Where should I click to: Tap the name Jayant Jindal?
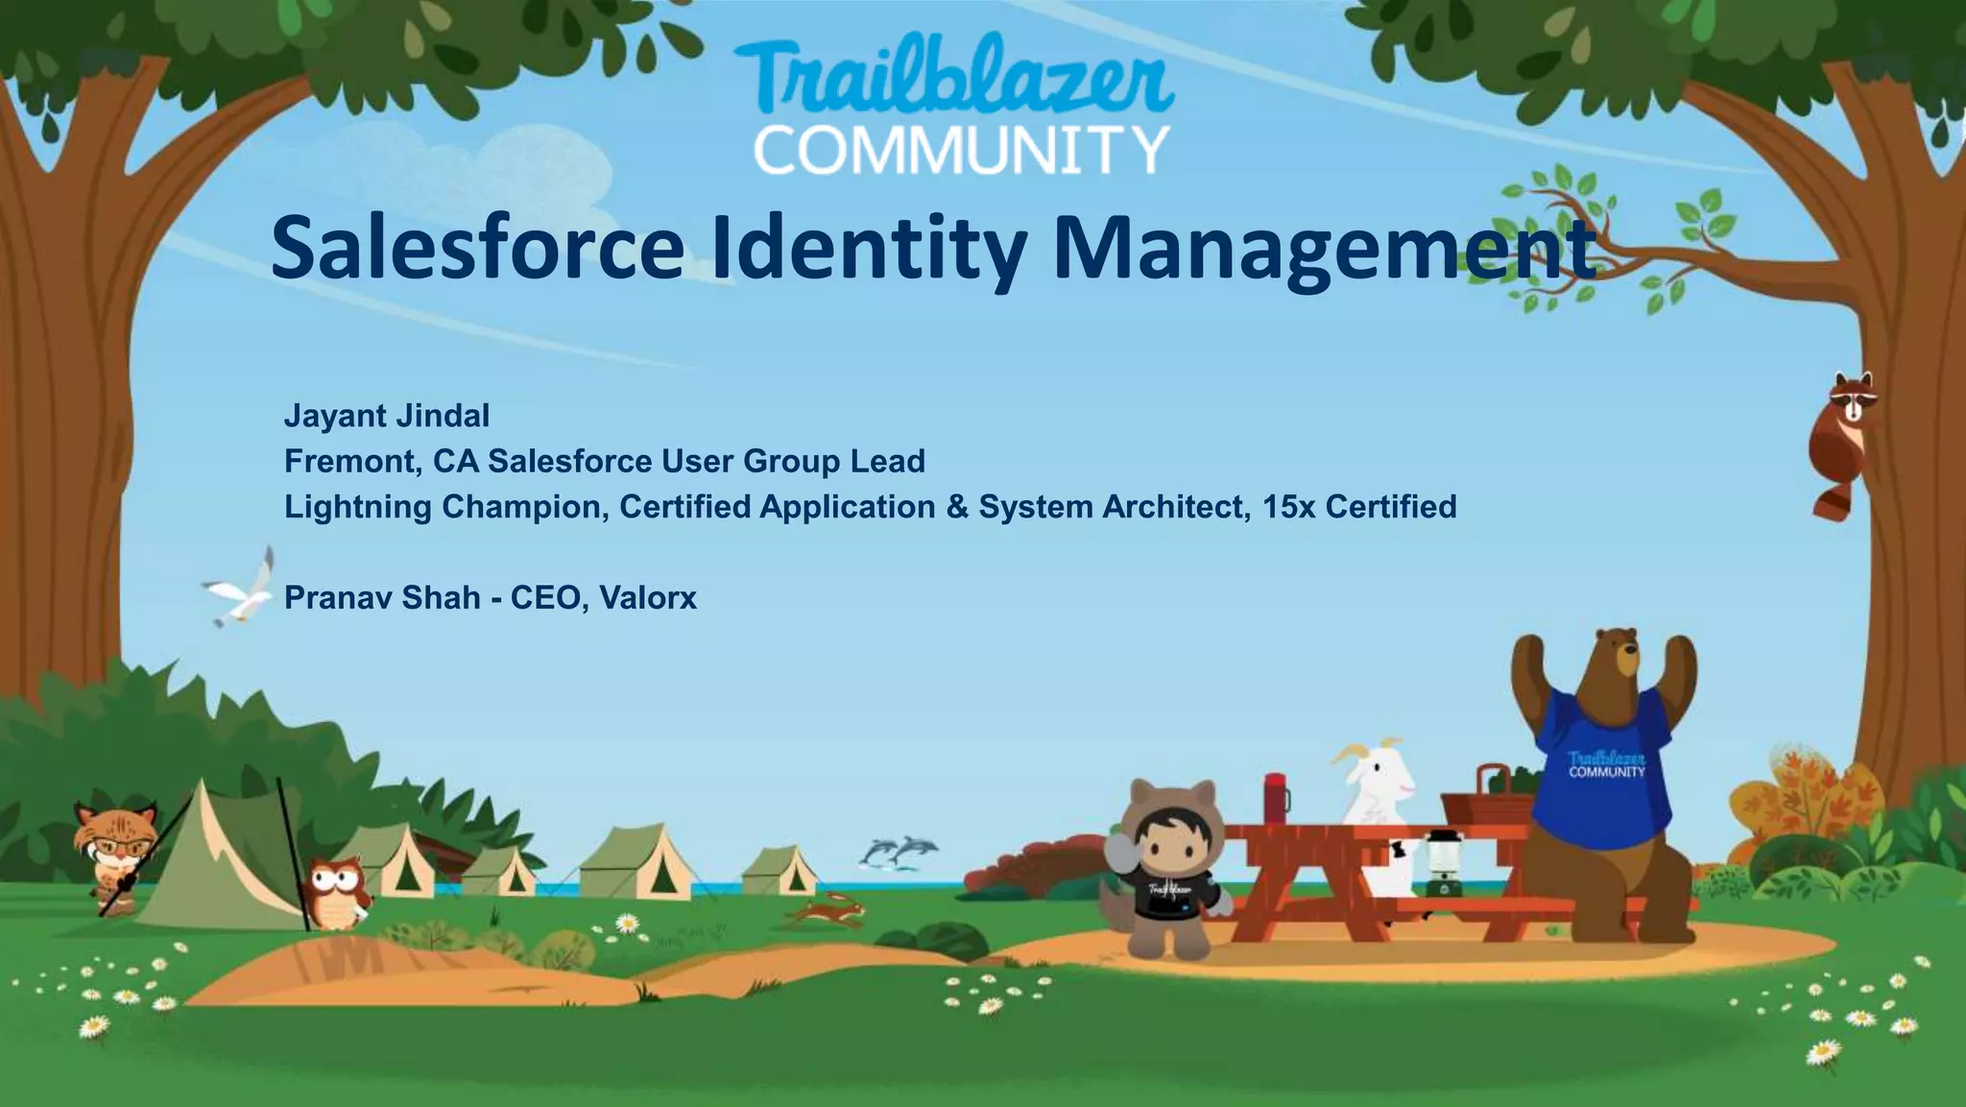coord(387,416)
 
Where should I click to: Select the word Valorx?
coord(648,598)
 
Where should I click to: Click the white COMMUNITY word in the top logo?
coord(961,151)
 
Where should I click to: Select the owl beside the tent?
coord(335,892)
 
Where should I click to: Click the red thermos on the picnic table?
coord(1276,798)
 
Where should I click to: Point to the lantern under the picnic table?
coord(1438,861)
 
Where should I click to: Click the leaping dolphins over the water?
coord(899,851)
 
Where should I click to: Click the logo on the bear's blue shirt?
coord(1606,764)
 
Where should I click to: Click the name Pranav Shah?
coord(382,598)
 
